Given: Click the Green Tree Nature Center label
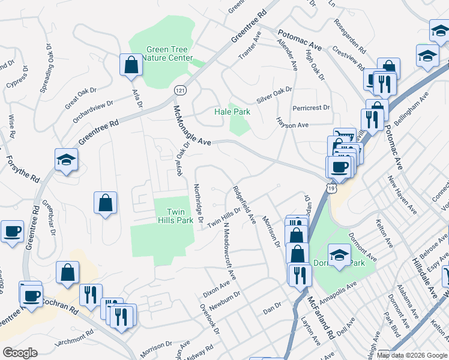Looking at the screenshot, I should click(170, 54).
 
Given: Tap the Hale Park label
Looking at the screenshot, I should click(232, 112).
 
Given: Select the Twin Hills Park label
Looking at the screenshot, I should click(175, 216).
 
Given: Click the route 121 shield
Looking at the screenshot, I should click(179, 90).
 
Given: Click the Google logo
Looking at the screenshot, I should click(20, 352).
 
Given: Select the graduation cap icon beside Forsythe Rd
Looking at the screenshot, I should click(66, 161).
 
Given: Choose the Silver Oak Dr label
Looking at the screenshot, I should click(274, 90).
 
